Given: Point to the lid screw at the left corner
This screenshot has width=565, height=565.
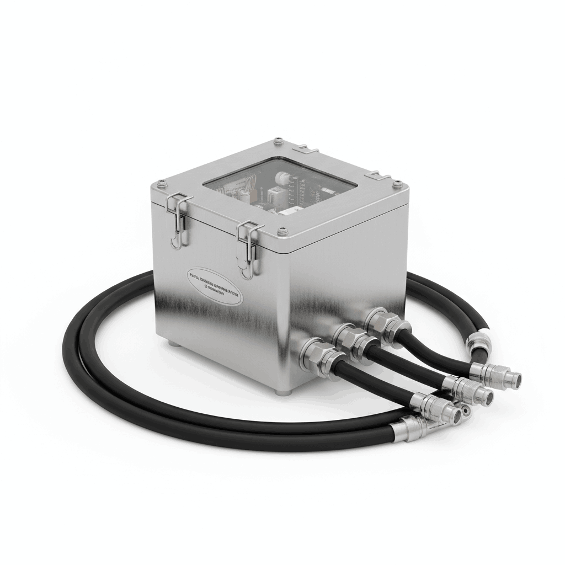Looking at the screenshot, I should tap(160, 182).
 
